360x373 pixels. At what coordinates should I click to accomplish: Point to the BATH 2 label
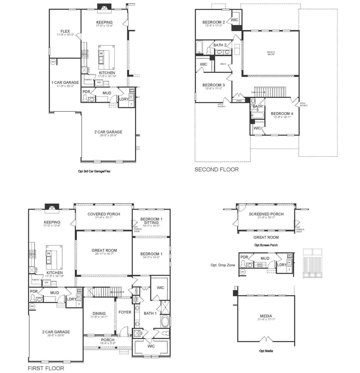point(220,45)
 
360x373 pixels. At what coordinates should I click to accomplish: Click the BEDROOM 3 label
point(213,85)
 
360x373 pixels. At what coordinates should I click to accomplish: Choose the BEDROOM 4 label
point(282,114)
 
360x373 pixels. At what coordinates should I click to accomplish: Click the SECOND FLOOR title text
point(216,170)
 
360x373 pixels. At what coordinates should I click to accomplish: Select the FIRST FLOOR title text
point(46,368)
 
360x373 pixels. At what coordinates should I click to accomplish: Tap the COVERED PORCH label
point(103,214)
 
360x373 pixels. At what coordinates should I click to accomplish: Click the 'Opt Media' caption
point(266,350)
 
